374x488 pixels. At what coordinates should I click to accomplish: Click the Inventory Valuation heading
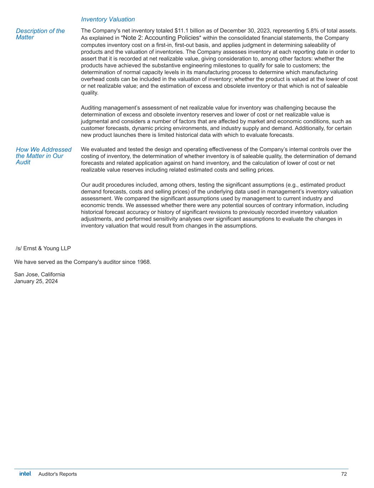[x=108, y=19]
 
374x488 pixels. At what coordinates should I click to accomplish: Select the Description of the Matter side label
[x=40, y=34]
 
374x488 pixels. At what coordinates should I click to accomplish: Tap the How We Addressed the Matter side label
[x=43, y=156]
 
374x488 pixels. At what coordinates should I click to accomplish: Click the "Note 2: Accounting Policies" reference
[x=161, y=38]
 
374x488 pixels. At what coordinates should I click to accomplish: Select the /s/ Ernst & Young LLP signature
[x=43, y=248]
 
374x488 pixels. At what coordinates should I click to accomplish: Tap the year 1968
[x=144, y=262]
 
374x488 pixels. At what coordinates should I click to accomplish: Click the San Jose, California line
[x=40, y=275]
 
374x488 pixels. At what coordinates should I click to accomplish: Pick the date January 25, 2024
[x=36, y=281]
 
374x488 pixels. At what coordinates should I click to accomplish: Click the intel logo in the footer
[x=25, y=474]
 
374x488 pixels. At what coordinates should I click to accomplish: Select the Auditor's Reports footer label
[x=57, y=474]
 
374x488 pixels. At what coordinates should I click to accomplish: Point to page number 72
[x=344, y=474]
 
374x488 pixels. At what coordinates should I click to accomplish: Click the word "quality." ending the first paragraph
[x=90, y=93]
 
